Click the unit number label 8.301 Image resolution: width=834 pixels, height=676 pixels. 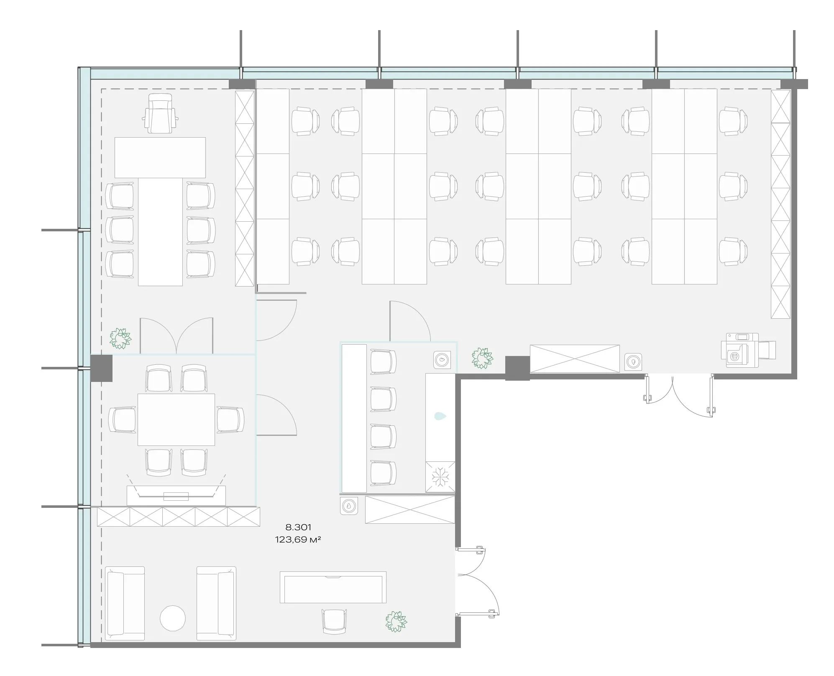pyautogui.click(x=298, y=527)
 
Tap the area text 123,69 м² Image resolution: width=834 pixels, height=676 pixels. pyautogui.click(x=298, y=540)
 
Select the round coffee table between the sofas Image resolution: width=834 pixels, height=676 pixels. pyautogui.click(x=173, y=618)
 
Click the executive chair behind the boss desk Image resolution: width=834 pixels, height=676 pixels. pyautogui.click(x=160, y=113)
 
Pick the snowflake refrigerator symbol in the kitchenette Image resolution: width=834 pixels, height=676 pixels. pyautogui.click(x=440, y=477)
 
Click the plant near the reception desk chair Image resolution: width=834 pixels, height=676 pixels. pyautogui.click(x=396, y=621)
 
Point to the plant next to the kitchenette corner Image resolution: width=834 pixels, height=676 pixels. pyautogui.click(x=482, y=358)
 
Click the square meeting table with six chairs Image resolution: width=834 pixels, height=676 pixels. pyautogui.click(x=176, y=420)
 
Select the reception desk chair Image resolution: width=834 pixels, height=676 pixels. pyautogui.click(x=334, y=622)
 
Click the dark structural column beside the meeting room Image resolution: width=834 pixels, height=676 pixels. pyautogui.click(x=101, y=368)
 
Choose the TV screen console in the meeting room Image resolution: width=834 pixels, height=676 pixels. pyautogui.click(x=176, y=495)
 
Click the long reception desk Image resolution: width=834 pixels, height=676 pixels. pyautogui.click(x=333, y=587)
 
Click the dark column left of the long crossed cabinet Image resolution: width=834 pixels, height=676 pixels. pyautogui.click(x=517, y=368)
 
